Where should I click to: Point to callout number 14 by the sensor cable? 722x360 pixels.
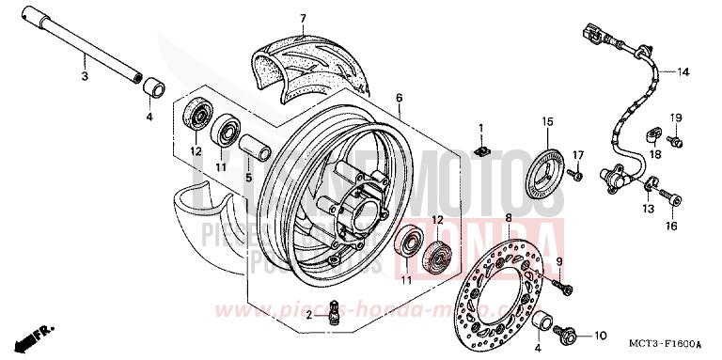click(x=683, y=71)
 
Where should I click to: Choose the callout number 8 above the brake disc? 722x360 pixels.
click(x=509, y=217)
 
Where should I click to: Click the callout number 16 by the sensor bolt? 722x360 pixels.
click(x=671, y=227)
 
